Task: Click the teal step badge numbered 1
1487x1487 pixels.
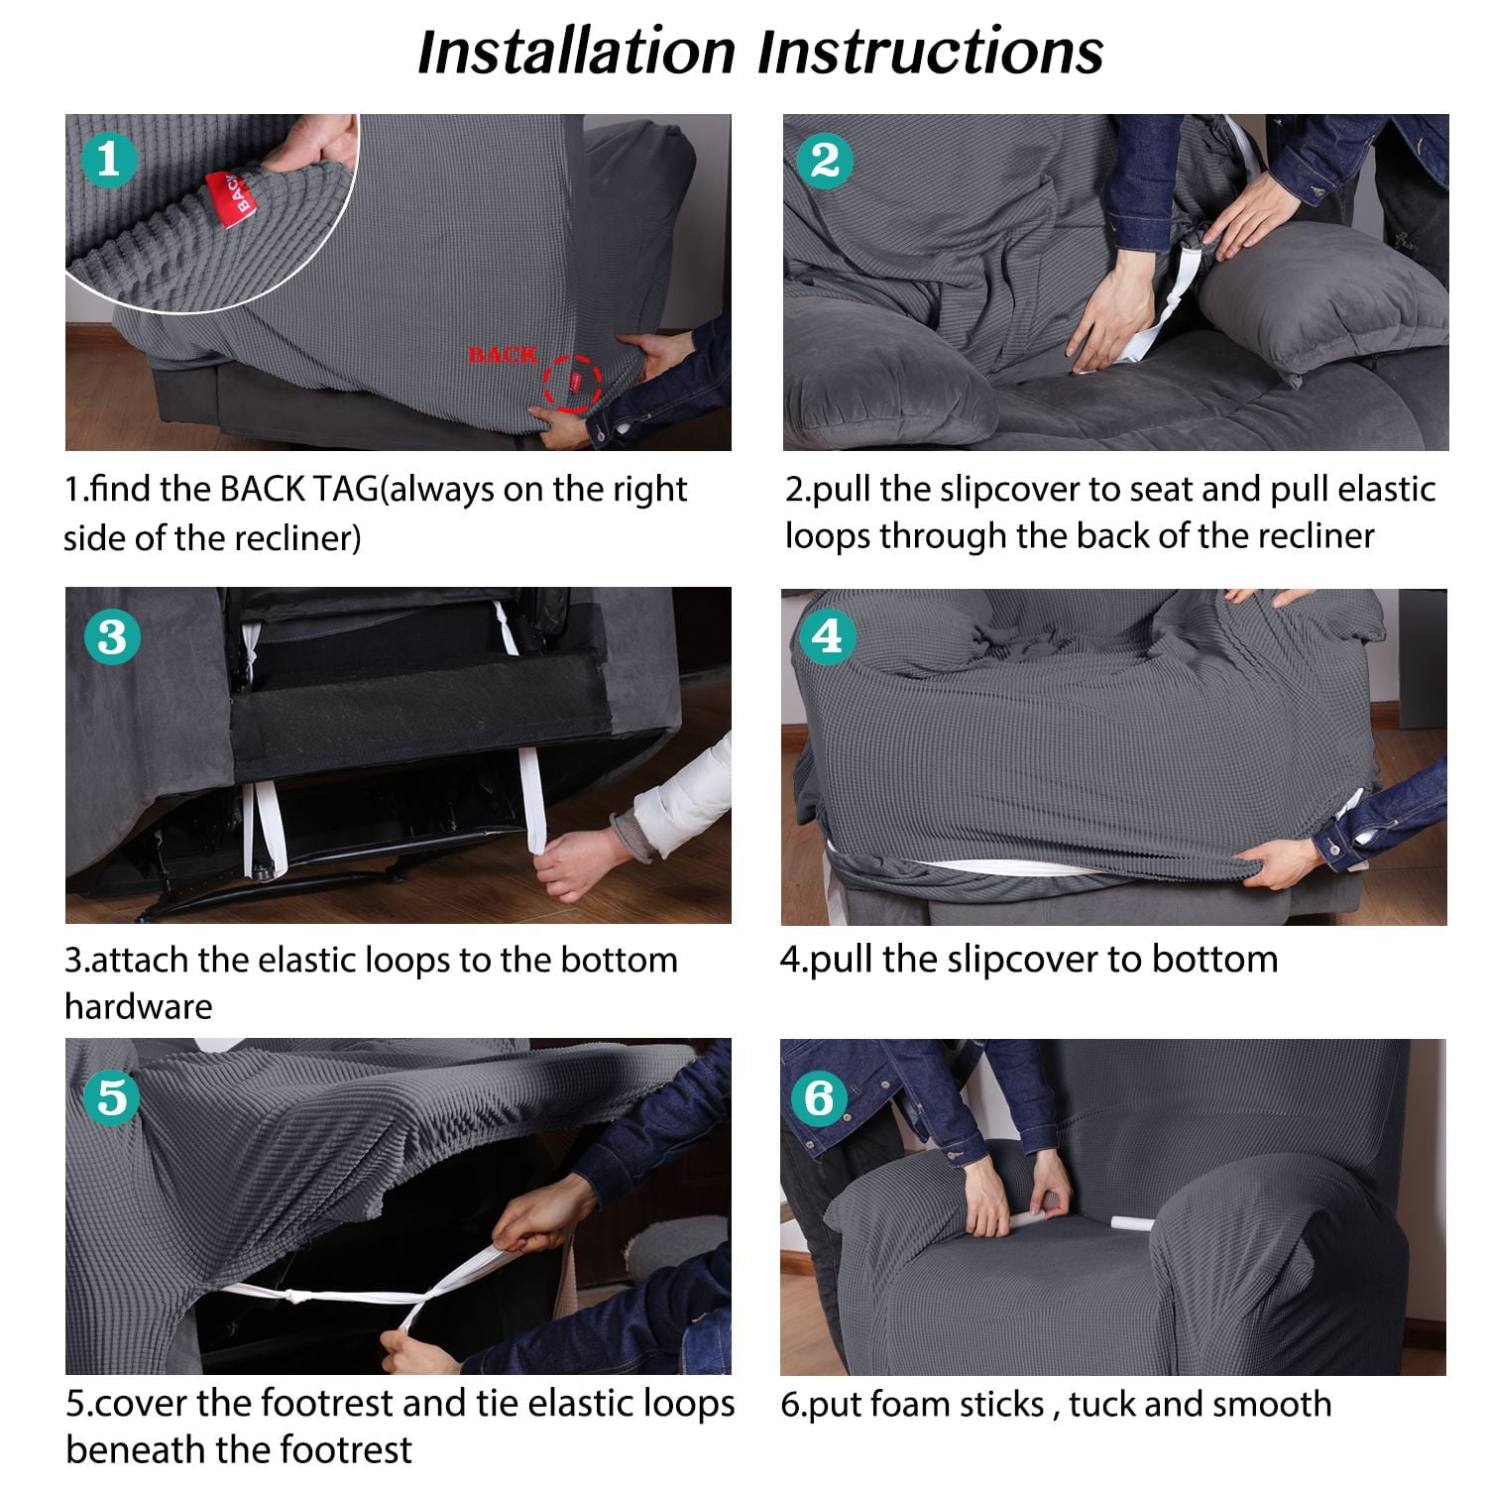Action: (x=108, y=160)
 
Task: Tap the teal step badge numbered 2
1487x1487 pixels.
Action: (x=825, y=160)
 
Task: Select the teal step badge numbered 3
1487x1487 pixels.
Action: (x=111, y=636)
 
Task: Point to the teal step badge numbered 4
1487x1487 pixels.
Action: (x=826, y=635)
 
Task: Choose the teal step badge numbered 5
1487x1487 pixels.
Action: (x=112, y=1097)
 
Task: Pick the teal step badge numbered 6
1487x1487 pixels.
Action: (x=821, y=1098)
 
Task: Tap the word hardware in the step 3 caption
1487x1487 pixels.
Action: (x=139, y=1006)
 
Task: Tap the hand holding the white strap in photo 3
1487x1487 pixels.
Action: (x=575, y=866)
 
